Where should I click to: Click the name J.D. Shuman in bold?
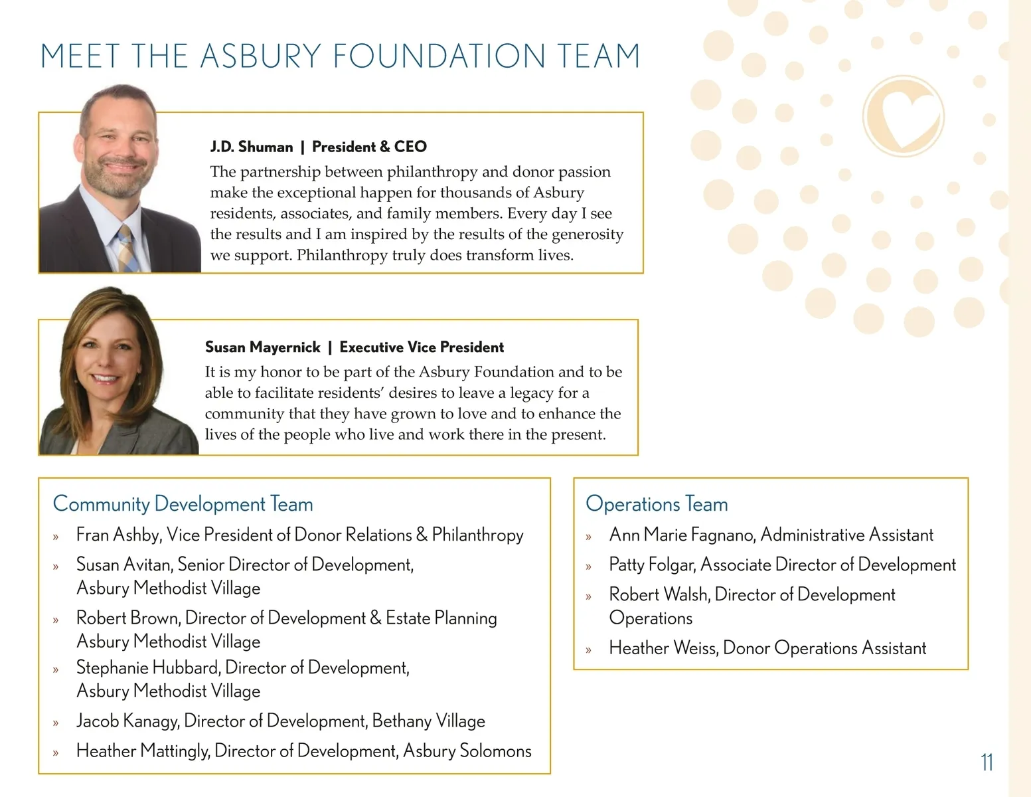pos(252,147)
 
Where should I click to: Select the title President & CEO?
pos(369,147)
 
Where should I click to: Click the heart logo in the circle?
pos(904,117)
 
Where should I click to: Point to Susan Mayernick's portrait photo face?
pos(106,359)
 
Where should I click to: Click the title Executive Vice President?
pos(422,347)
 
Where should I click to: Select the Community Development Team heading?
pos(183,504)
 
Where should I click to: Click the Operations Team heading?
pos(657,504)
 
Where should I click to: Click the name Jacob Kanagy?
pos(127,721)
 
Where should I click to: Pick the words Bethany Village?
pos(428,721)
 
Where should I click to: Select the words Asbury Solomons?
pos(467,751)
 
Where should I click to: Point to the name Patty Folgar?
pos(651,565)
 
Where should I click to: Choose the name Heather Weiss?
pos(663,648)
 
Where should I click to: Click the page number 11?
pos(987,762)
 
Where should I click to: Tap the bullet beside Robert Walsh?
pos(588,596)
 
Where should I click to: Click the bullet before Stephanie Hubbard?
pos(56,669)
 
